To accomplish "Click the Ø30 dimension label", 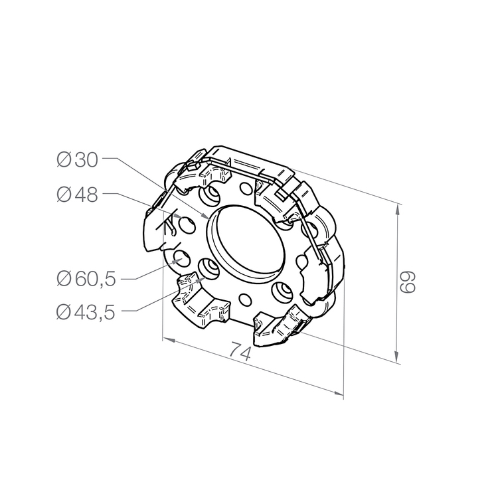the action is point(77,160).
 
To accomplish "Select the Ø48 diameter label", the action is point(77,195).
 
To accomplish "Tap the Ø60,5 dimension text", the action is point(86,279).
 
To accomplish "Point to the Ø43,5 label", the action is point(86,312).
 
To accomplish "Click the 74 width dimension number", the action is point(240,351).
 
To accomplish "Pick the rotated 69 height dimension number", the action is point(408,282).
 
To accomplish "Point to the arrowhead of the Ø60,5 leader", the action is point(177,260).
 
